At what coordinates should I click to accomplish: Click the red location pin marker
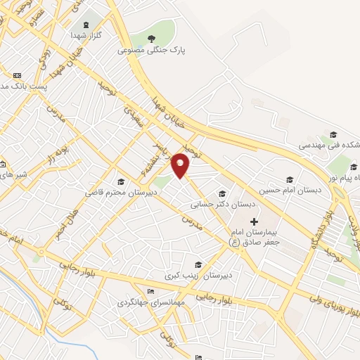(181, 164)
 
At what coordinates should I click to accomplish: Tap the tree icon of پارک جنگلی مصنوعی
(152, 38)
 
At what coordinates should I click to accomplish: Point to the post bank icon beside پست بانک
(17, 75)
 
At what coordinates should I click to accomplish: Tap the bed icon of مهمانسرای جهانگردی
(149, 292)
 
